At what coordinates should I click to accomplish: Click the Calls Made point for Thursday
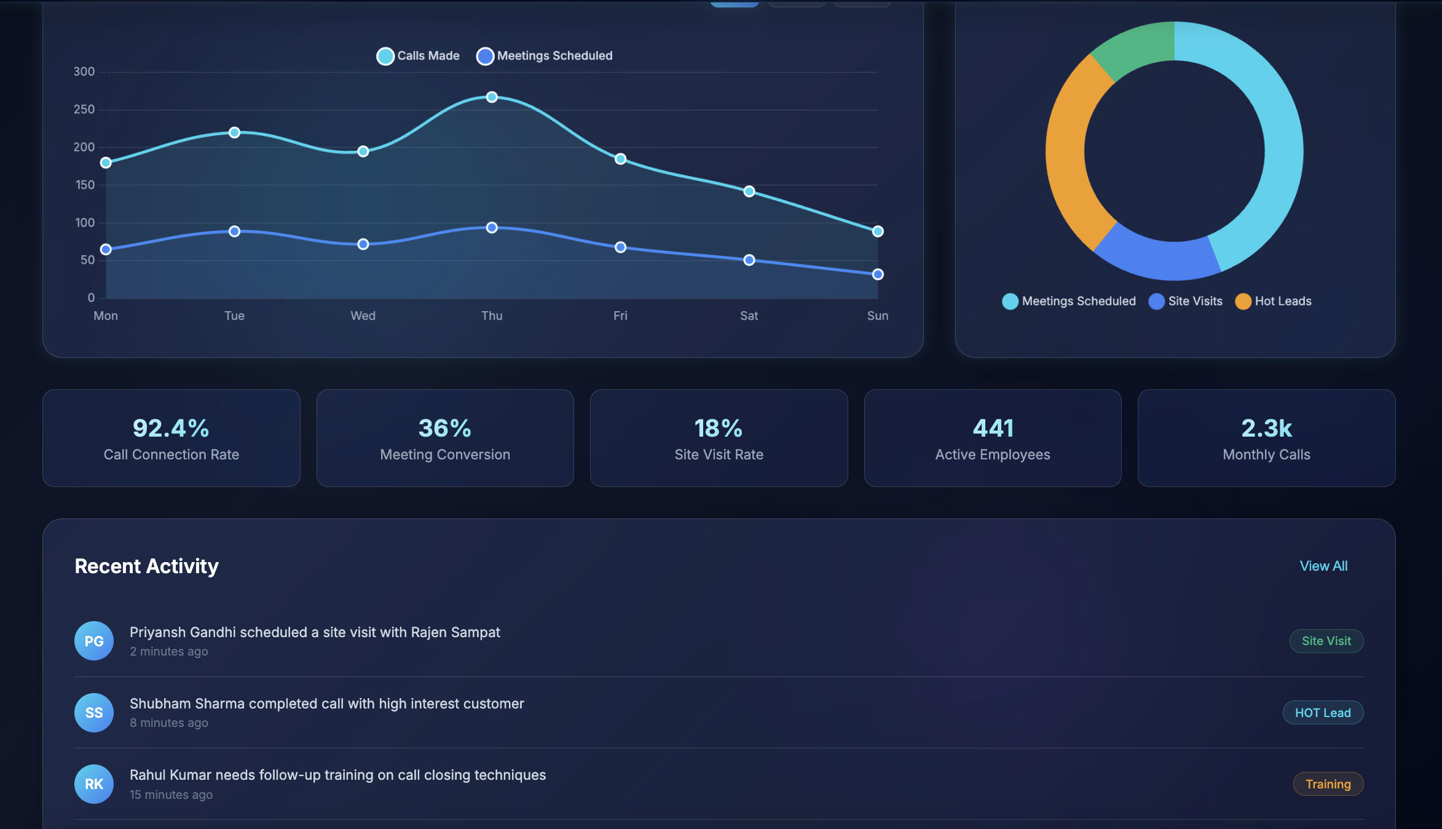point(492,97)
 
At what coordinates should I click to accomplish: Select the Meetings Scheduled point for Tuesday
point(234,231)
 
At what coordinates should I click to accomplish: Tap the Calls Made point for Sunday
point(878,231)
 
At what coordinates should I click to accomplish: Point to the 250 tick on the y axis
point(84,109)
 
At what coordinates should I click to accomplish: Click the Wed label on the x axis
point(363,315)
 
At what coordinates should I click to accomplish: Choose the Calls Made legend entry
point(418,56)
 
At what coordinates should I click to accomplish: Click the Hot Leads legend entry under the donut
point(1273,301)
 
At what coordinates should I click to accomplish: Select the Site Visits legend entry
point(1186,301)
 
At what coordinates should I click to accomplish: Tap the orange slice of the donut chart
point(1070,154)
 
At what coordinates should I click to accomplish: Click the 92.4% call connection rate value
point(171,428)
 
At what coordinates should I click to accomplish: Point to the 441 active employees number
point(993,428)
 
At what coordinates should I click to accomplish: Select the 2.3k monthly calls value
point(1266,428)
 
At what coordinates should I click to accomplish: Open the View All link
point(1323,566)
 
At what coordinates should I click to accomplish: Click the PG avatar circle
point(94,641)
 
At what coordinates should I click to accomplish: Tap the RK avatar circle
point(94,784)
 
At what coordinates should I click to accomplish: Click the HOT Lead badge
point(1323,713)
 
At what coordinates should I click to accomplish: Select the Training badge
point(1328,784)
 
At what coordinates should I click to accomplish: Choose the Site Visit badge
point(1326,641)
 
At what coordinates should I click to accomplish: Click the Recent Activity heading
point(146,566)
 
